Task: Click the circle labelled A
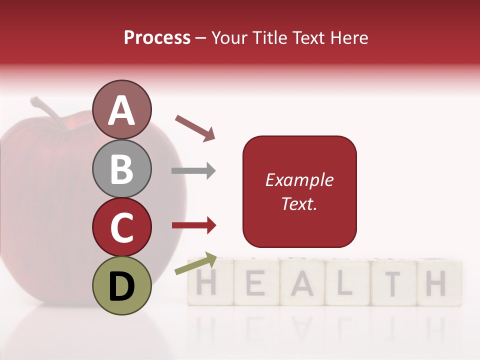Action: [x=121, y=109]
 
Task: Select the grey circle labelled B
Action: [x=121, y=168]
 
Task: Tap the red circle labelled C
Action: [x=121, y=227]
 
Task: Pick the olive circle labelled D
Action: [x=121, y=285]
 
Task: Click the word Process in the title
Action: [x=157, y=37]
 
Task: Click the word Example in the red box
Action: [x=299, y=180]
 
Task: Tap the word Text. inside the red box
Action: [x=299, y=203]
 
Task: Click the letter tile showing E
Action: [x=255, y=283]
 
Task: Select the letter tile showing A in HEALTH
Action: [x=301, y=283]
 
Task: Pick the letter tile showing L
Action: [x=346, y=283]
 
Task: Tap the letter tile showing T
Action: [x=392, y=283]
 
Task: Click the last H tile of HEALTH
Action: [x=436, y=283]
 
